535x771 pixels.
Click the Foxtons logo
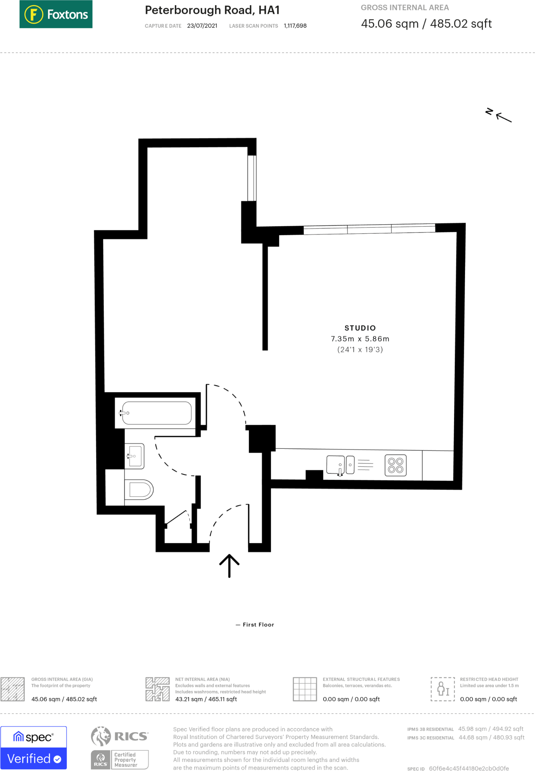click(56, 14)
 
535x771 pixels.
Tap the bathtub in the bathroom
click(157, 413)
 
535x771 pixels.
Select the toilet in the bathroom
click(140, 489)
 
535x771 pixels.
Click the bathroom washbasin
click(135, 456)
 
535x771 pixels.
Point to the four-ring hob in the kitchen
click(395, 465)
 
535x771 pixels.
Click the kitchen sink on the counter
click(336, 465)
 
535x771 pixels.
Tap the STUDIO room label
click(360, 328)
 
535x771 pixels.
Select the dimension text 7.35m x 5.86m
click(360, 339)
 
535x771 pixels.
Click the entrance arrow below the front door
click(229, 565)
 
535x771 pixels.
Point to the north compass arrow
click(503, 117)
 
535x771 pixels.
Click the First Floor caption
click(258, 625)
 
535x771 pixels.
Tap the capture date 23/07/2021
click(202, 26)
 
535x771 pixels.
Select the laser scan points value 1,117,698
click(295, 26)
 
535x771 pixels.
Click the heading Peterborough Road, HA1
click(212, 10)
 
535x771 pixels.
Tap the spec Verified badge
click(34, 747)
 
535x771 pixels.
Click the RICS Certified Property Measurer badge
click(120, 748)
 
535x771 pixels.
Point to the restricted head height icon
click(443, 689)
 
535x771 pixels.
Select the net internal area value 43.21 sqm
click(206, 699)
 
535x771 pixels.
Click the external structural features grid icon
click(305, 689)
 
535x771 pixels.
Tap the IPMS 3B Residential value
click(491, 729)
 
